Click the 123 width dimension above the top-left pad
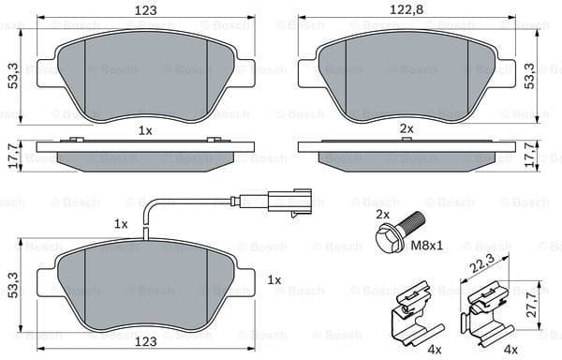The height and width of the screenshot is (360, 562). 145,10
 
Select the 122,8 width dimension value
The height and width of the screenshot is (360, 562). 408,10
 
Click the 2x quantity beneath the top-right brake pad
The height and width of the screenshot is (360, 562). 407,127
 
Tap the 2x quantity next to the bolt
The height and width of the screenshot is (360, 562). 381,215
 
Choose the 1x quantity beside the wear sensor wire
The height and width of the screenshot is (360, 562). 121,224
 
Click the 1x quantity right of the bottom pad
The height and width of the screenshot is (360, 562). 274,280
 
